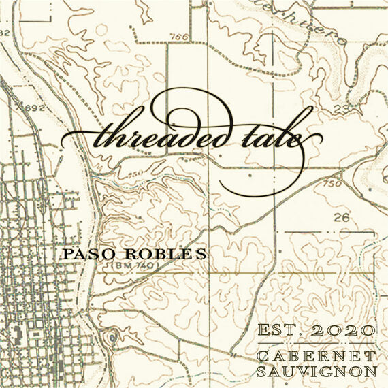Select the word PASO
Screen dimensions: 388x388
click(86, 254)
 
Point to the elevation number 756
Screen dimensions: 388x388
click(180, 37)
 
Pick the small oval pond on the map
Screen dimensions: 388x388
click(110, 338)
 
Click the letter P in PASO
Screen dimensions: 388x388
click(67, 254)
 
